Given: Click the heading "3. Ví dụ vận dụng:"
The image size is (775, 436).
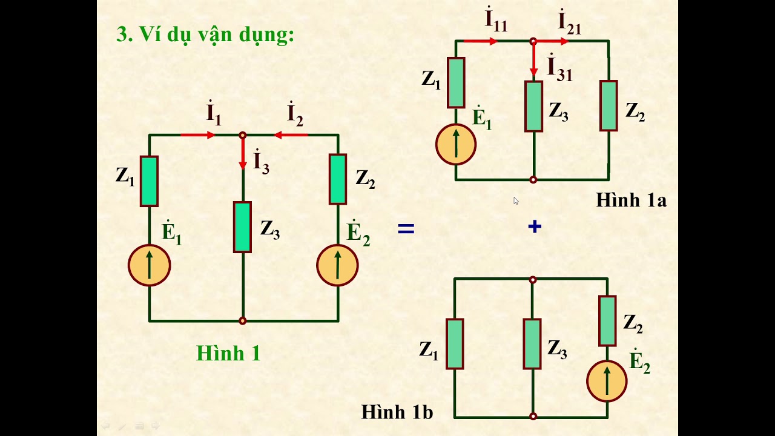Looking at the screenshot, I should (x=205, y=35).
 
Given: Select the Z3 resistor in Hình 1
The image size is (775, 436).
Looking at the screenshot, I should (x=242, y=227).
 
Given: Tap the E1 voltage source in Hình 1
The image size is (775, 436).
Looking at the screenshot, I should (x=149, y=265).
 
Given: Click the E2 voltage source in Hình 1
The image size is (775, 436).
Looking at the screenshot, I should (x=337, y=265).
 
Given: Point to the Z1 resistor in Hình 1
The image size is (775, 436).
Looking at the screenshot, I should (x=149, y=181).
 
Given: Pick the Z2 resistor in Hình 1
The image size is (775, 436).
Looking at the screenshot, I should (x=337, y=179).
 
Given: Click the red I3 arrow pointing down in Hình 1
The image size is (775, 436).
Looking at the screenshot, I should (x=243, y=154).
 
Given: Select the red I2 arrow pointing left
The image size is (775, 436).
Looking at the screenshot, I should (x=291, y=135).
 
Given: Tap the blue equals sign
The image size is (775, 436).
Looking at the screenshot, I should (x=405, y=229).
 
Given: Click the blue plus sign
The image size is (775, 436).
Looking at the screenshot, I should (x=534, y=227).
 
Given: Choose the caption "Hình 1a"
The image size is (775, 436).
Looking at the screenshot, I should (x=631, y=200).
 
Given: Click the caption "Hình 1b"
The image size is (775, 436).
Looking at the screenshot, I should (x=397, y=412).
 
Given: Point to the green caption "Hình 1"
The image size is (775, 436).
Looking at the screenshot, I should (x=228, y=353).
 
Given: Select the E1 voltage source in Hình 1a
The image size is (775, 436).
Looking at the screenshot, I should (x=456, y=145).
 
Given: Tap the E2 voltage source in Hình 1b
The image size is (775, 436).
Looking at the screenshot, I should (x=607, y=381).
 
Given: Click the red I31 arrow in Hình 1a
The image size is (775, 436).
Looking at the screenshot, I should (x=533, y=61).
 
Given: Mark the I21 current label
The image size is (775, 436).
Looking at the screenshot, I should (x=569, y=22).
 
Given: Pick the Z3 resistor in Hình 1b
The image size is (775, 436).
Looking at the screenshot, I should (x=532, y=344).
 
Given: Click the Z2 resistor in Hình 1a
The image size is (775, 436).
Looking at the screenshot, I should (x=608, y=106).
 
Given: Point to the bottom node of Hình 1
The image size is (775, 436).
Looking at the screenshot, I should (x=243, y=321).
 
